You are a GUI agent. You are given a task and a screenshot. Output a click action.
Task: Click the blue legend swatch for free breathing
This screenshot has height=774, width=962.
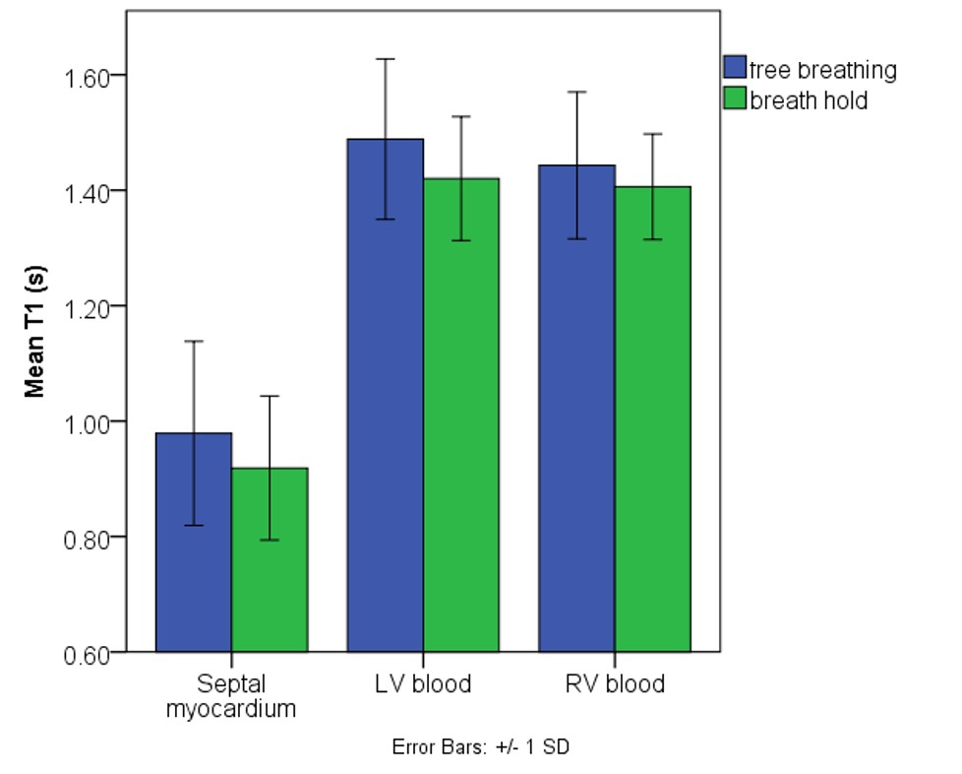[735, 68]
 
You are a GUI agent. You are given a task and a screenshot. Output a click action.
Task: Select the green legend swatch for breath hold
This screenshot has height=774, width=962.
[735, 98]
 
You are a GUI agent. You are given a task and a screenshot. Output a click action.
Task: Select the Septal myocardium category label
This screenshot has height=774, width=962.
[231, 695]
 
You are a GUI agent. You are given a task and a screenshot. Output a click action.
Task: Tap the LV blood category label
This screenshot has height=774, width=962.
[423, 683]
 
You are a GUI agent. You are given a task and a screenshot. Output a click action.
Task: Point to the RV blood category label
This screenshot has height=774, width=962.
[615, 683]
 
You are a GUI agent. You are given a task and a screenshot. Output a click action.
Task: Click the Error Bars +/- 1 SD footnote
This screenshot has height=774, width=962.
[481, 746]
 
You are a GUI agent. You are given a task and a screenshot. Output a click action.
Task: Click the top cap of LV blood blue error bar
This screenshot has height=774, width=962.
[385, 59]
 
